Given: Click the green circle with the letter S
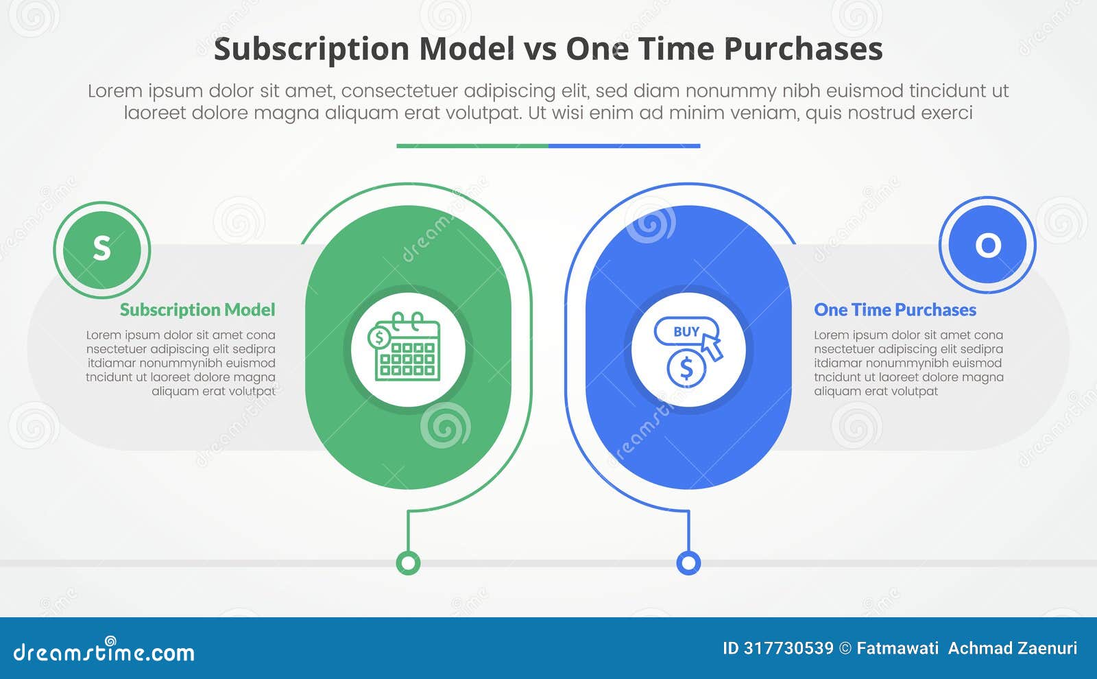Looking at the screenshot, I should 101,250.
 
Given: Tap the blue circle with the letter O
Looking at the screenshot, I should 987,245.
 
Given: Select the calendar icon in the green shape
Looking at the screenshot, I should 406,348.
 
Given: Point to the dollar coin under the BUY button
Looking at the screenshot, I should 686,369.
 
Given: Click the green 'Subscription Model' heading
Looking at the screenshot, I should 197,310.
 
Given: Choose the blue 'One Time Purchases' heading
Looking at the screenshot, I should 895,310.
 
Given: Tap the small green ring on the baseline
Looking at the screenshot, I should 408,563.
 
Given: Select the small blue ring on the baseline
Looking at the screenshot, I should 688,563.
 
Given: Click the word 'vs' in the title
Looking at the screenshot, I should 540,49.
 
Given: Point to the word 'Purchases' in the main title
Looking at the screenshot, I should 803,49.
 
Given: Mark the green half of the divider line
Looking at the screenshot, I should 472,145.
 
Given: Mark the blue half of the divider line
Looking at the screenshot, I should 624,145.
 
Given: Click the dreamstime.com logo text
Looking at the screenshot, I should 104,652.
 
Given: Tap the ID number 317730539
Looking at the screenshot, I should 788,648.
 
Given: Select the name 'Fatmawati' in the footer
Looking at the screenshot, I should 897,648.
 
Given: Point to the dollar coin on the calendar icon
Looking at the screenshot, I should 378,337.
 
